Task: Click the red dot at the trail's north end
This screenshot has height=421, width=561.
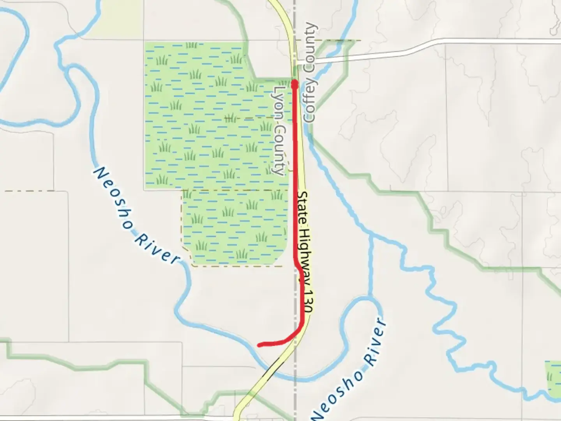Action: pyautogui.click(x=295, y=83)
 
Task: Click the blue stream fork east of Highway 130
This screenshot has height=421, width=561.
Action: pyautogui.click(x=370, y=236)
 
